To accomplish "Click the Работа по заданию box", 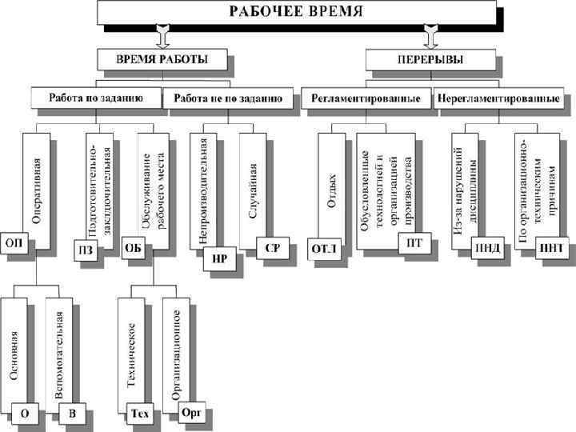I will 96,98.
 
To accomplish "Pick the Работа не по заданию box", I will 227,98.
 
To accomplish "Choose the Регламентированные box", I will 366,98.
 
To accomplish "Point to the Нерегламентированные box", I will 498,98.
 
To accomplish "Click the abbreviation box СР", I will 272,247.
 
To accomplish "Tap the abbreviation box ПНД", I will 486,248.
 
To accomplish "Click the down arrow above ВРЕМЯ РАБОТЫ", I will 163,36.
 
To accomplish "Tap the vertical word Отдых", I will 331,188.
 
